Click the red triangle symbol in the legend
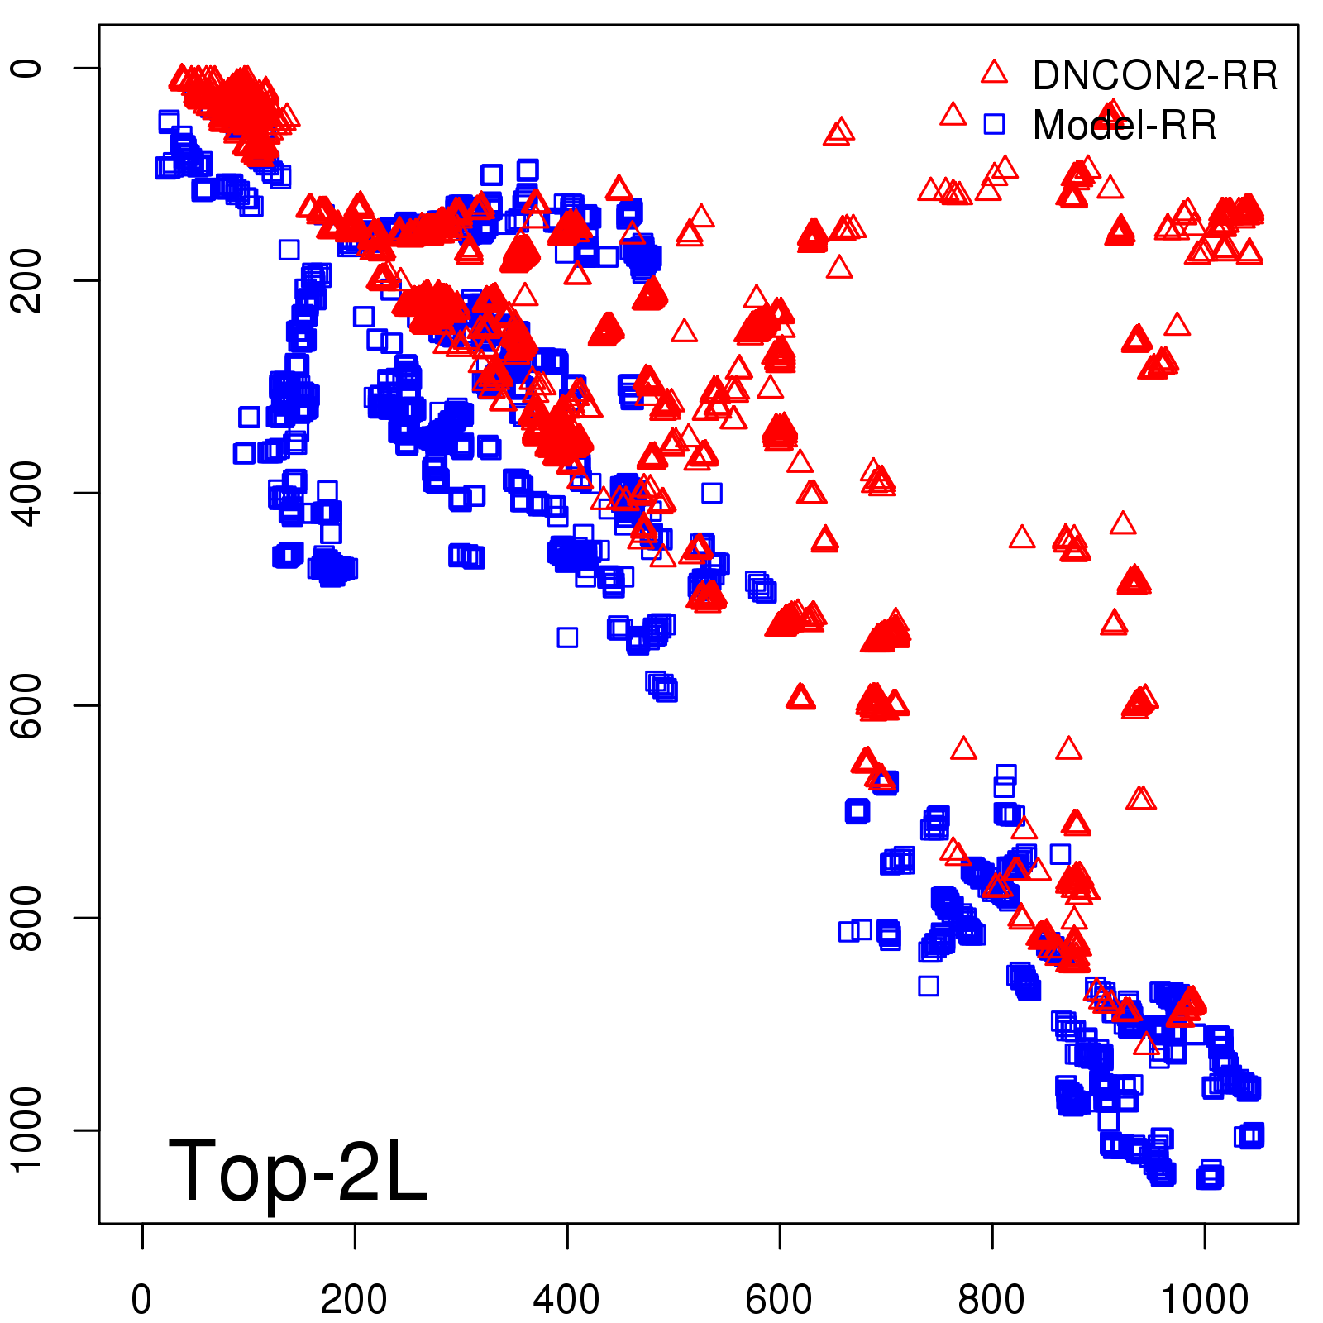coord(994,73)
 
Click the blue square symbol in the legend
coord(994,124)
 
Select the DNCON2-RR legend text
coord(1154,76)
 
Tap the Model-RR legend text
coord(1125,126)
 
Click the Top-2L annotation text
coord(298,1171)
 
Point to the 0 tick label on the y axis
coord(26,68)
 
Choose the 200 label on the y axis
coord(26,280)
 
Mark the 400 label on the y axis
coord(26,493)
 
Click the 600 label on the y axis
coord(26,705)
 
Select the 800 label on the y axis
coord(26,918)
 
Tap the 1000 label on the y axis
coord(26,1130)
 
